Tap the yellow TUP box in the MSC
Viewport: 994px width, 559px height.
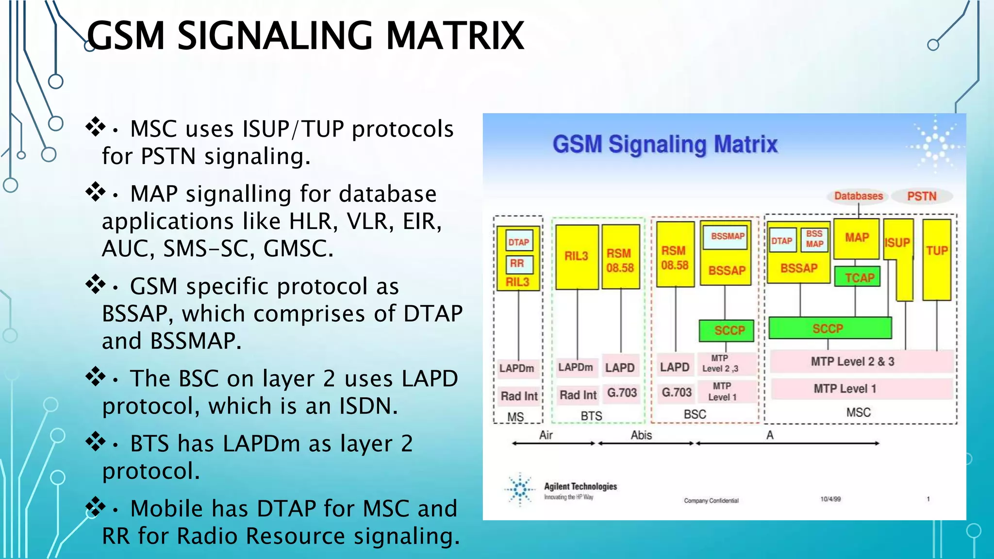coord(936,259)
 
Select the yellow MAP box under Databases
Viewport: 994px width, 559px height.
coord(856,238)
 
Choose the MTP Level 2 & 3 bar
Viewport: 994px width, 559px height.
coord(853,362)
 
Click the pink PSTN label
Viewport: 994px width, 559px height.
coord(922,196)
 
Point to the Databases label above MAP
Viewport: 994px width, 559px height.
coord(858,196)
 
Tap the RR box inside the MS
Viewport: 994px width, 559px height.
coord(518,263)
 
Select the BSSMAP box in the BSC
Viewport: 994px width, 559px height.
coord(727,236)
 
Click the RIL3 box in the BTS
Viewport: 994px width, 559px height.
coord(577,256)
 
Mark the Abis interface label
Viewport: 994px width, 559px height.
coord(641,435)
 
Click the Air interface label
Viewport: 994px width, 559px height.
coord(546,435)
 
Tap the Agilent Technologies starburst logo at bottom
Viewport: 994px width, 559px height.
coord(520,489)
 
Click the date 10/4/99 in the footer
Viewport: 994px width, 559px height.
coord(830,499)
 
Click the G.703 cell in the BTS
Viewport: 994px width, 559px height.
coord(622,392)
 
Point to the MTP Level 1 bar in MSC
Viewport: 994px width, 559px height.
coord(845,389)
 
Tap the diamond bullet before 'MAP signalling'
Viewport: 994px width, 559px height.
coord(96,192)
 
